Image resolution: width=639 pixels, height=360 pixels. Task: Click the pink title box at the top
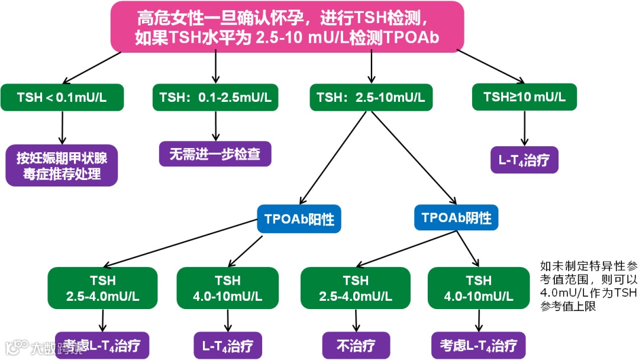point(288,27)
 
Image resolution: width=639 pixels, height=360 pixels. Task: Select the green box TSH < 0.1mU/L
point(62,97)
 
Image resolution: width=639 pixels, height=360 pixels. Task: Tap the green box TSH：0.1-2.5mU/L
point(215,97)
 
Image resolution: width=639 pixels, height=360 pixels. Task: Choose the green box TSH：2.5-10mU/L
point(371,97)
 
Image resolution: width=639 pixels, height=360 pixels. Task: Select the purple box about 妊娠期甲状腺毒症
point(62,166)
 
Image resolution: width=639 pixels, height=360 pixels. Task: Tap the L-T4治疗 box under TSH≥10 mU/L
point(524,160)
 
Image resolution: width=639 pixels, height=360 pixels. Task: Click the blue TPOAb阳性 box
point(299,220)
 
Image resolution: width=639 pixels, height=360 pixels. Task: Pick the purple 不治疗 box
point(356,346)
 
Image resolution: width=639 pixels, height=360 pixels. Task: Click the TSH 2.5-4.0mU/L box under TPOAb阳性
point(103,288)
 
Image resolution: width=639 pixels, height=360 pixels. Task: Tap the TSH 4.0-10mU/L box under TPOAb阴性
point(479,288)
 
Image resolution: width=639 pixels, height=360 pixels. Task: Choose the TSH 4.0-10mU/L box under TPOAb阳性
point(228,288)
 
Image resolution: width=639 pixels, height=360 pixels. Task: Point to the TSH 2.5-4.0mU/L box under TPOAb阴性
point(356,288)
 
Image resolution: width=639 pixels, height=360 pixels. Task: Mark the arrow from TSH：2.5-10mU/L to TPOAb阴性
point(411,157)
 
